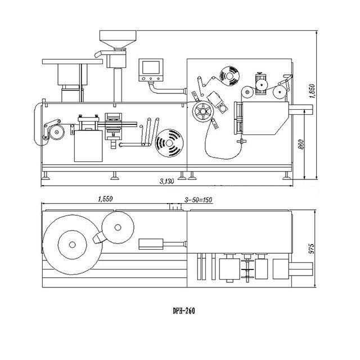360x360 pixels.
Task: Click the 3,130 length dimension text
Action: (x=167, y=181)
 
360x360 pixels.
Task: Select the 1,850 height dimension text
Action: (x=313, y=91)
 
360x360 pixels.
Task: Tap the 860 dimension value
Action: (x=301, y=144)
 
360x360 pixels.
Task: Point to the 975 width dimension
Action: (x=311, y=249)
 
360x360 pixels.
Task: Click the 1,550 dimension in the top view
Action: (x=105, y=199)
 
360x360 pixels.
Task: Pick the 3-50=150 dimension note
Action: (x=198, y=200)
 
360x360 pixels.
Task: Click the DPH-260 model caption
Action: (x=184, y=311)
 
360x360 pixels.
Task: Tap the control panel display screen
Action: (x=151, y=67)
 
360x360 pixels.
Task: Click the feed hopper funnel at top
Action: (x=118, y=39)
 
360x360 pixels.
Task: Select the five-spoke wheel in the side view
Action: (x=203, y=111)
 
